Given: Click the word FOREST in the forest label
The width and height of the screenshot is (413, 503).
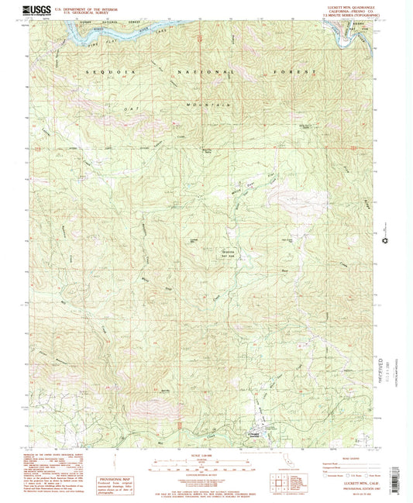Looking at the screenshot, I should (x=301, y=71).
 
